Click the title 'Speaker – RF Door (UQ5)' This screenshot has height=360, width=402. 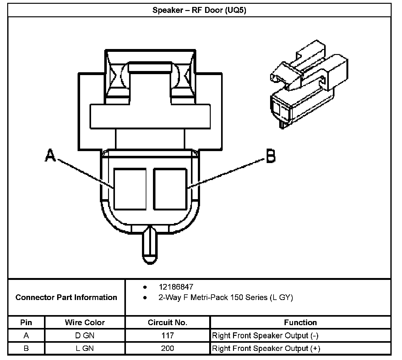[199, 10]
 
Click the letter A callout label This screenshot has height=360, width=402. [50, 155]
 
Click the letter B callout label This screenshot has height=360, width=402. [271, 156]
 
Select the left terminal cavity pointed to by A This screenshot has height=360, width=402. [130, 189]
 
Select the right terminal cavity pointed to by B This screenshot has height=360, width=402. [170, 189]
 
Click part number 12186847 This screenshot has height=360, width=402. [176, 287]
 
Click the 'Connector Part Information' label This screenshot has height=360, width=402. [66, 297]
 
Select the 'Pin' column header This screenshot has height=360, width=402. [26, 322]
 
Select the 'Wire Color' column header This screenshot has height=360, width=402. [85, 322]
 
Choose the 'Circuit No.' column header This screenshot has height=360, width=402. [167, 322]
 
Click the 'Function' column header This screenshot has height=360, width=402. [300, 322]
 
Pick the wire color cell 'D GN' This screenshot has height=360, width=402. [85, 335]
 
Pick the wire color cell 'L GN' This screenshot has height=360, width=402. [85, 348]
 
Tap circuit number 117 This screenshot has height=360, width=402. [167, 335]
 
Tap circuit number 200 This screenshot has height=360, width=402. [167, 348]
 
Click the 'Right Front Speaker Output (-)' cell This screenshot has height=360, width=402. [265, 335]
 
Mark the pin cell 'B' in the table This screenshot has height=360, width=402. [26, 348]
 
